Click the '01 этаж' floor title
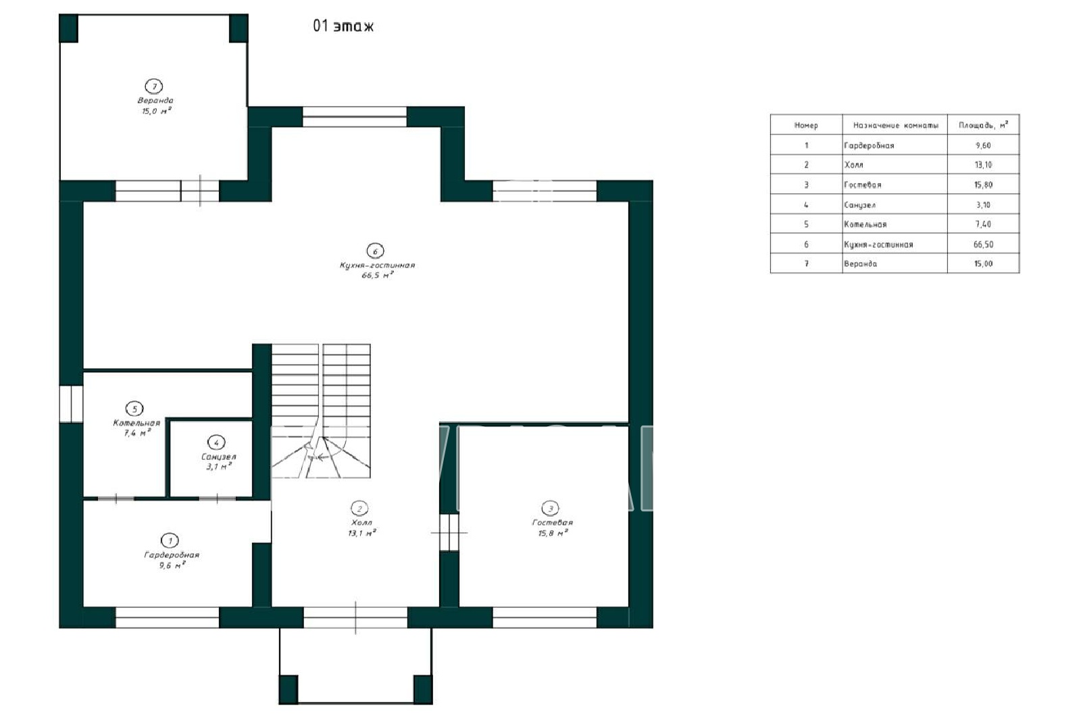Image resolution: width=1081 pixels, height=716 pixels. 343,26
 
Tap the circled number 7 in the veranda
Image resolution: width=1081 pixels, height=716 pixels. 154,86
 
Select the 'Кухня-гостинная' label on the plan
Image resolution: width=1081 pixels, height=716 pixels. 378,265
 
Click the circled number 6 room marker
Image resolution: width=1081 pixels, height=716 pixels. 375,251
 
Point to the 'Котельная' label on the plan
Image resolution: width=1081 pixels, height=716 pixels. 136,423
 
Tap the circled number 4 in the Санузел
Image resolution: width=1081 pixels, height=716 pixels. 216,442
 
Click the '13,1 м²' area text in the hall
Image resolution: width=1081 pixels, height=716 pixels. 362,533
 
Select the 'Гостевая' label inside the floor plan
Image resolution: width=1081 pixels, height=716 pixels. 553,523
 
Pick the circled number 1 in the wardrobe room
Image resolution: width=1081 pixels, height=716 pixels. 170,540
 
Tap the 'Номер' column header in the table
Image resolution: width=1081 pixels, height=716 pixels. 806,126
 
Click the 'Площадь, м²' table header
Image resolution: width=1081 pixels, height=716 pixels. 983,125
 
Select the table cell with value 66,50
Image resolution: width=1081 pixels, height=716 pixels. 984,245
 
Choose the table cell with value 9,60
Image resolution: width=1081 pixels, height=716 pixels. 983,145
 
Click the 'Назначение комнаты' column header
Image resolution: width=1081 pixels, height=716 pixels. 896,126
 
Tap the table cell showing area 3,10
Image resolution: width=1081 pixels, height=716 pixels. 983,205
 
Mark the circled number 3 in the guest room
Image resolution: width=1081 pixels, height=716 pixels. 550,508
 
